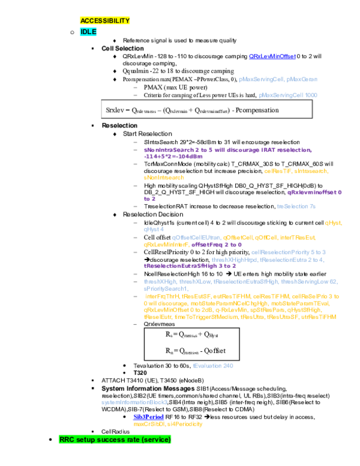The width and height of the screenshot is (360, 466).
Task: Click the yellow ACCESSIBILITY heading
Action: (105, 20)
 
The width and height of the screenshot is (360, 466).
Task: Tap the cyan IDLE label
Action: (88, 32)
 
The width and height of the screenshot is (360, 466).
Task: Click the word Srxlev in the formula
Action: (115, 110)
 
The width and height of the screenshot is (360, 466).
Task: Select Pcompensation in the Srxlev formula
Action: (257, 110)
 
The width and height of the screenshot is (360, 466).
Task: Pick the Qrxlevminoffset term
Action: (214, 110)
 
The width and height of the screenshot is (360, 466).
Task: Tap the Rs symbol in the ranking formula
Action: (169, 334)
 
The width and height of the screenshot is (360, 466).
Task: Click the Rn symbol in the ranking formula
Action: (169, 350)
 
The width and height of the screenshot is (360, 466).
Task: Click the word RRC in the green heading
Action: (67, 440)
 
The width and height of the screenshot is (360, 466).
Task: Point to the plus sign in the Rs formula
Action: (200, 334)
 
